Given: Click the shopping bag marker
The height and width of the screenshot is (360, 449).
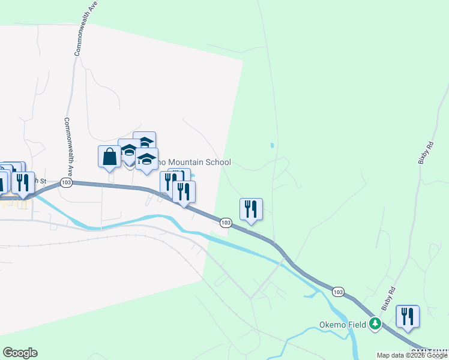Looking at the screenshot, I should (109, 157).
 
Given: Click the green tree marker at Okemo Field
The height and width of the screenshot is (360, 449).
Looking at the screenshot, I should (375, 324).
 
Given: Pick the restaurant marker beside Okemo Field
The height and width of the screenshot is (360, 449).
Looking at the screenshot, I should (408, 317).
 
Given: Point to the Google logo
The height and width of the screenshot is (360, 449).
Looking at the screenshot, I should (20, 353).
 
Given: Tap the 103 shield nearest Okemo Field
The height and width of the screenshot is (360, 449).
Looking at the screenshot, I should (338, 292).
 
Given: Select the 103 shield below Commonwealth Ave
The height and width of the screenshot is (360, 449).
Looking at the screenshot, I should (66, 182).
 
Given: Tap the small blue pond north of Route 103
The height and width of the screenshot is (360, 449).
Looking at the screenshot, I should (272, 145).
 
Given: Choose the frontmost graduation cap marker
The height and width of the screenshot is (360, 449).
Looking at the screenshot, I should (146, 160).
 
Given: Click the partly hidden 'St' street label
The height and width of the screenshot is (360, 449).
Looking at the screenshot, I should (41, 181).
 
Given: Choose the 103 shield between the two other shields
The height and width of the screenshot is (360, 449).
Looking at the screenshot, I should (225, 223).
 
